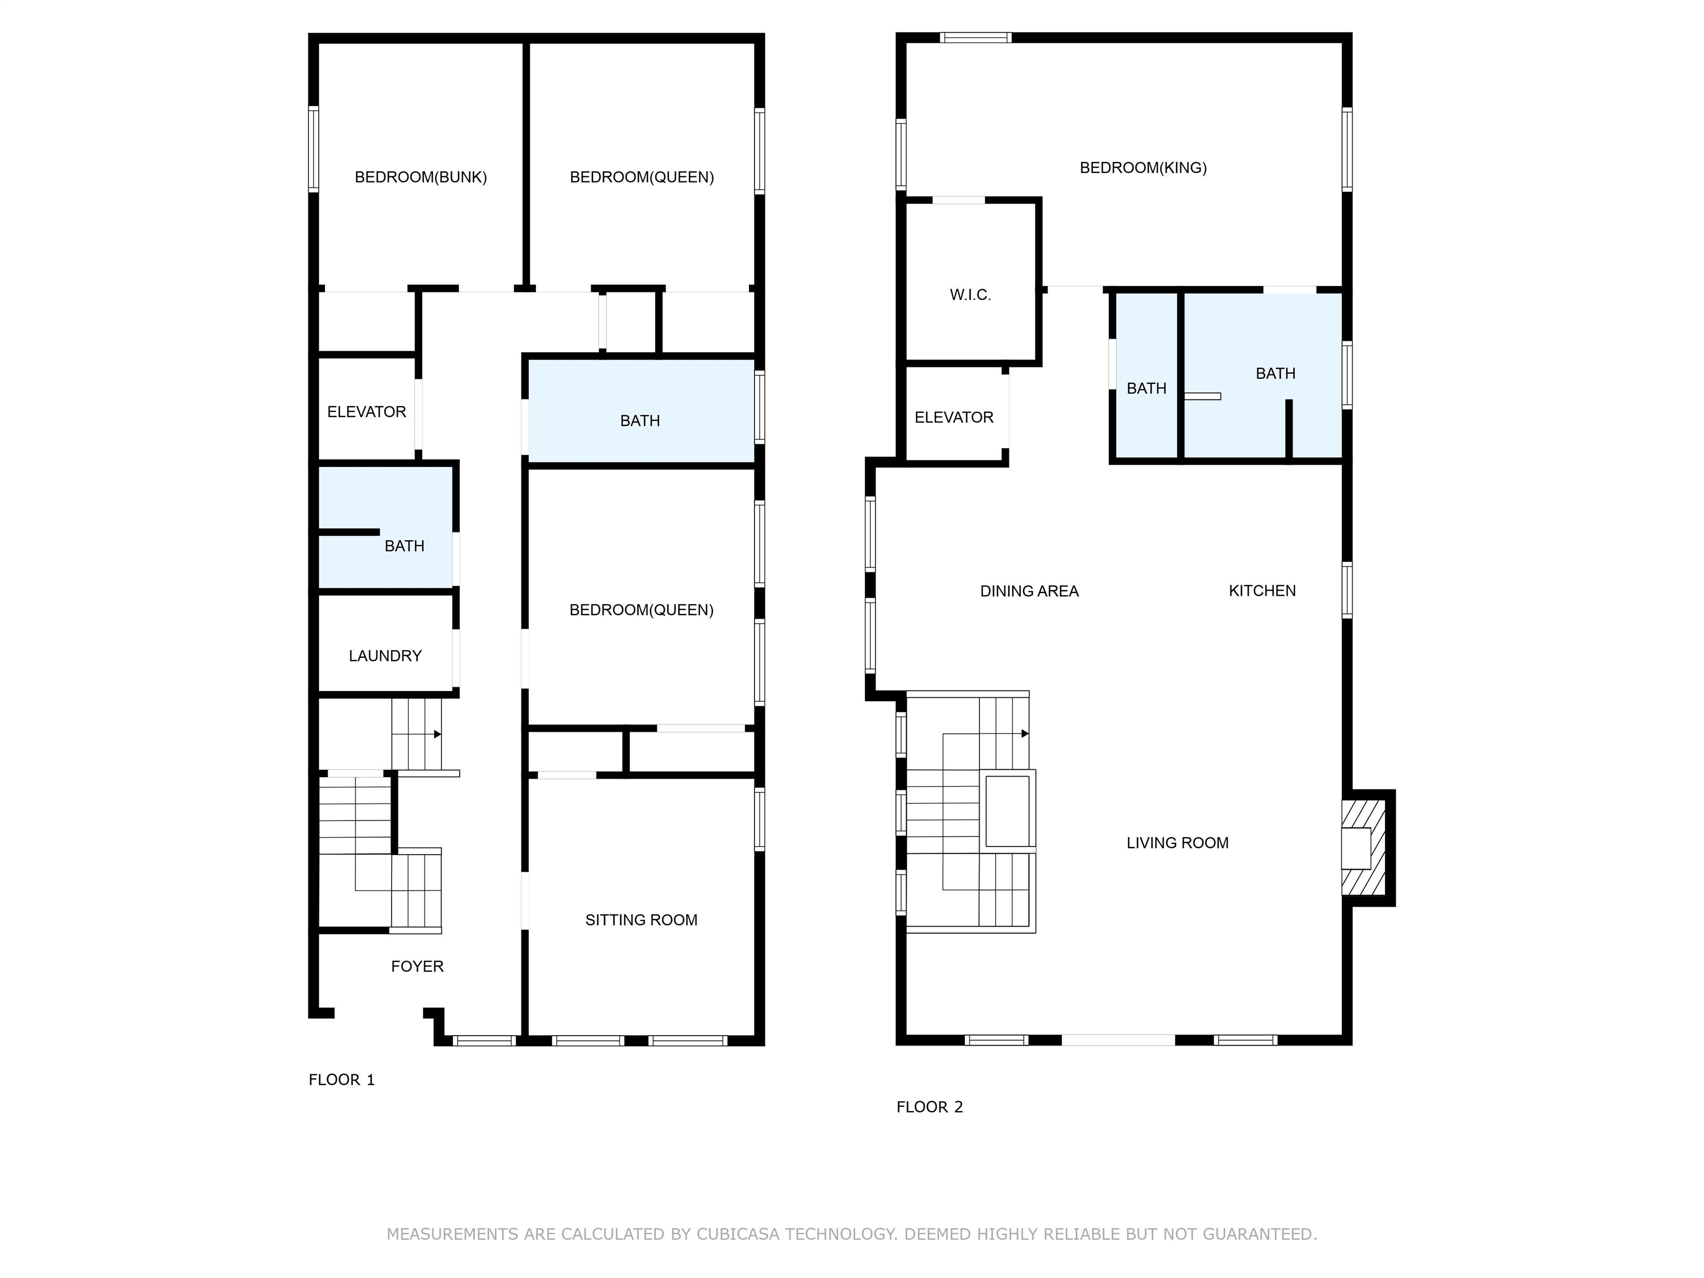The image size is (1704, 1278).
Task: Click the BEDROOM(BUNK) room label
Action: [x=420, y=177]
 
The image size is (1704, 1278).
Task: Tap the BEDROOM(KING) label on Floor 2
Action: [x=1143, y=168]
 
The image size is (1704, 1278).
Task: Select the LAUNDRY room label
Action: [x=385, y=656]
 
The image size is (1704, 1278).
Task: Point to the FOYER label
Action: [x=418, y=966]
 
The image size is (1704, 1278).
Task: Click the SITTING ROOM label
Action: [x=641, y=920]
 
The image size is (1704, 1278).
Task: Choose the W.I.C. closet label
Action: [x=970, y=295]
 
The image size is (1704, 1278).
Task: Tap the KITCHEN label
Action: [x=1262, y=591]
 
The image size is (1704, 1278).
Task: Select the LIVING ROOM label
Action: [x=1177, y=844]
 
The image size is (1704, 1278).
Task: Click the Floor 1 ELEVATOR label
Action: [x=367, y=412]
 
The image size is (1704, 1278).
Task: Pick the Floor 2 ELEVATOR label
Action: [x=954, y=418]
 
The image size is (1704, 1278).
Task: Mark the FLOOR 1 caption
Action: [x=341, y=1080]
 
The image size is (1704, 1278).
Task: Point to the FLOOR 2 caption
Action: [x=930, y=1107]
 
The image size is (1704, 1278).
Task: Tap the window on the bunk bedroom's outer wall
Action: [x=313, y=149]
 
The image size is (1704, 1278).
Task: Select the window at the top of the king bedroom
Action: [x=975, y=37]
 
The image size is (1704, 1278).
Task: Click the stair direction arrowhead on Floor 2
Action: [x=1025, y=733]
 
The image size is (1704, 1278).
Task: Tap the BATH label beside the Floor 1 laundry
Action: [x=404, y=546]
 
